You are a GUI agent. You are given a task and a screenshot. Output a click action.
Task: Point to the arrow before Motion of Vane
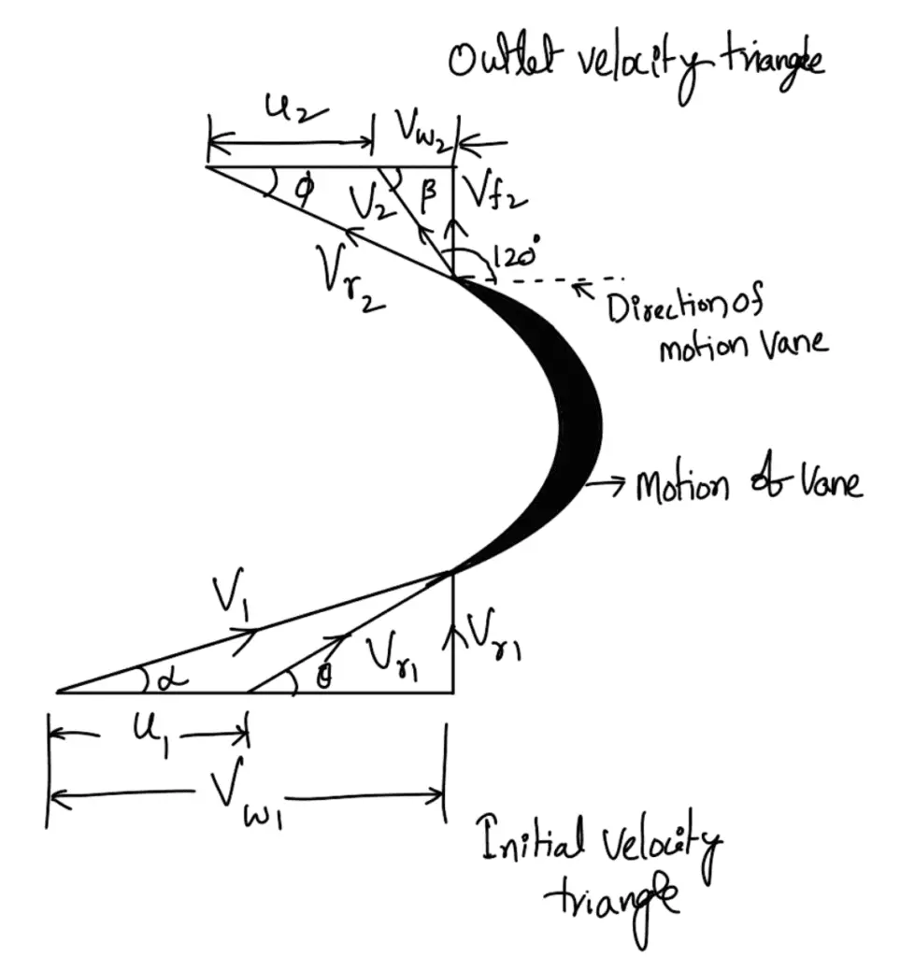(610, 483)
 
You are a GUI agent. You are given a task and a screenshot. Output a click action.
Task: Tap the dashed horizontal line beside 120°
(565, 279)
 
